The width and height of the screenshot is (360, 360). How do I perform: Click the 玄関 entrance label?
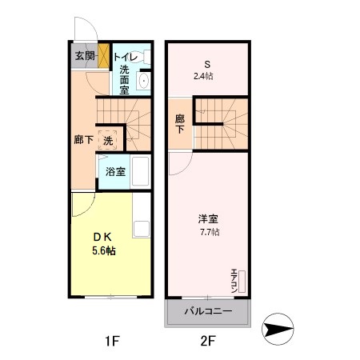85,56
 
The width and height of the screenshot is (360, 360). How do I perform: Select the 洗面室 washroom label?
124,80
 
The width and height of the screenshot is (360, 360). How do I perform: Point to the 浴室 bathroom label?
114,171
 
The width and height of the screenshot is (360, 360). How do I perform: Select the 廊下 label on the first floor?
82,140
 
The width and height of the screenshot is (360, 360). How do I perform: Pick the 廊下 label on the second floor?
180,125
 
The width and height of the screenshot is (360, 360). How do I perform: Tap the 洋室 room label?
209,218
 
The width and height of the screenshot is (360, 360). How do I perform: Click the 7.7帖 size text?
209,232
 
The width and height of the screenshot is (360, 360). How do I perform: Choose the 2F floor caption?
207,342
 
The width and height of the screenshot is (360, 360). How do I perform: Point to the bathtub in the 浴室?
141,171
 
